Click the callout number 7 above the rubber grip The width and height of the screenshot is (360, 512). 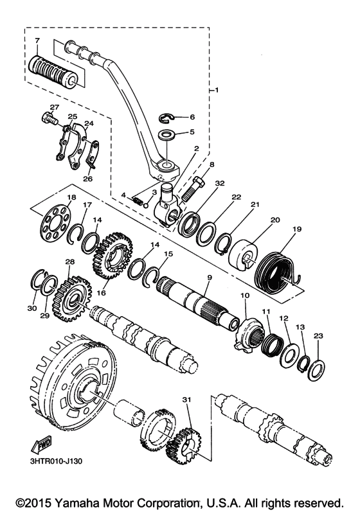click(x=37, y=40)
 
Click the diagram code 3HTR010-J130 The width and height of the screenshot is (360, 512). click(x=54, y=461)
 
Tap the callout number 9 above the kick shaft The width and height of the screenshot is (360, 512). click(x=210, y=278)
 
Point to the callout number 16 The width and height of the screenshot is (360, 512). click(x=102, y=293)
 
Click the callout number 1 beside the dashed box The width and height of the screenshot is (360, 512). click(x=217, y=89)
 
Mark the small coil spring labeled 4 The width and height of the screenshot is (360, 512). click(x=138, y=200)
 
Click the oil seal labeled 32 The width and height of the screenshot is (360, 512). click(x=188, y=225)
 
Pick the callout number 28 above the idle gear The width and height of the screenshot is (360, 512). click(x=70, y=261)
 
